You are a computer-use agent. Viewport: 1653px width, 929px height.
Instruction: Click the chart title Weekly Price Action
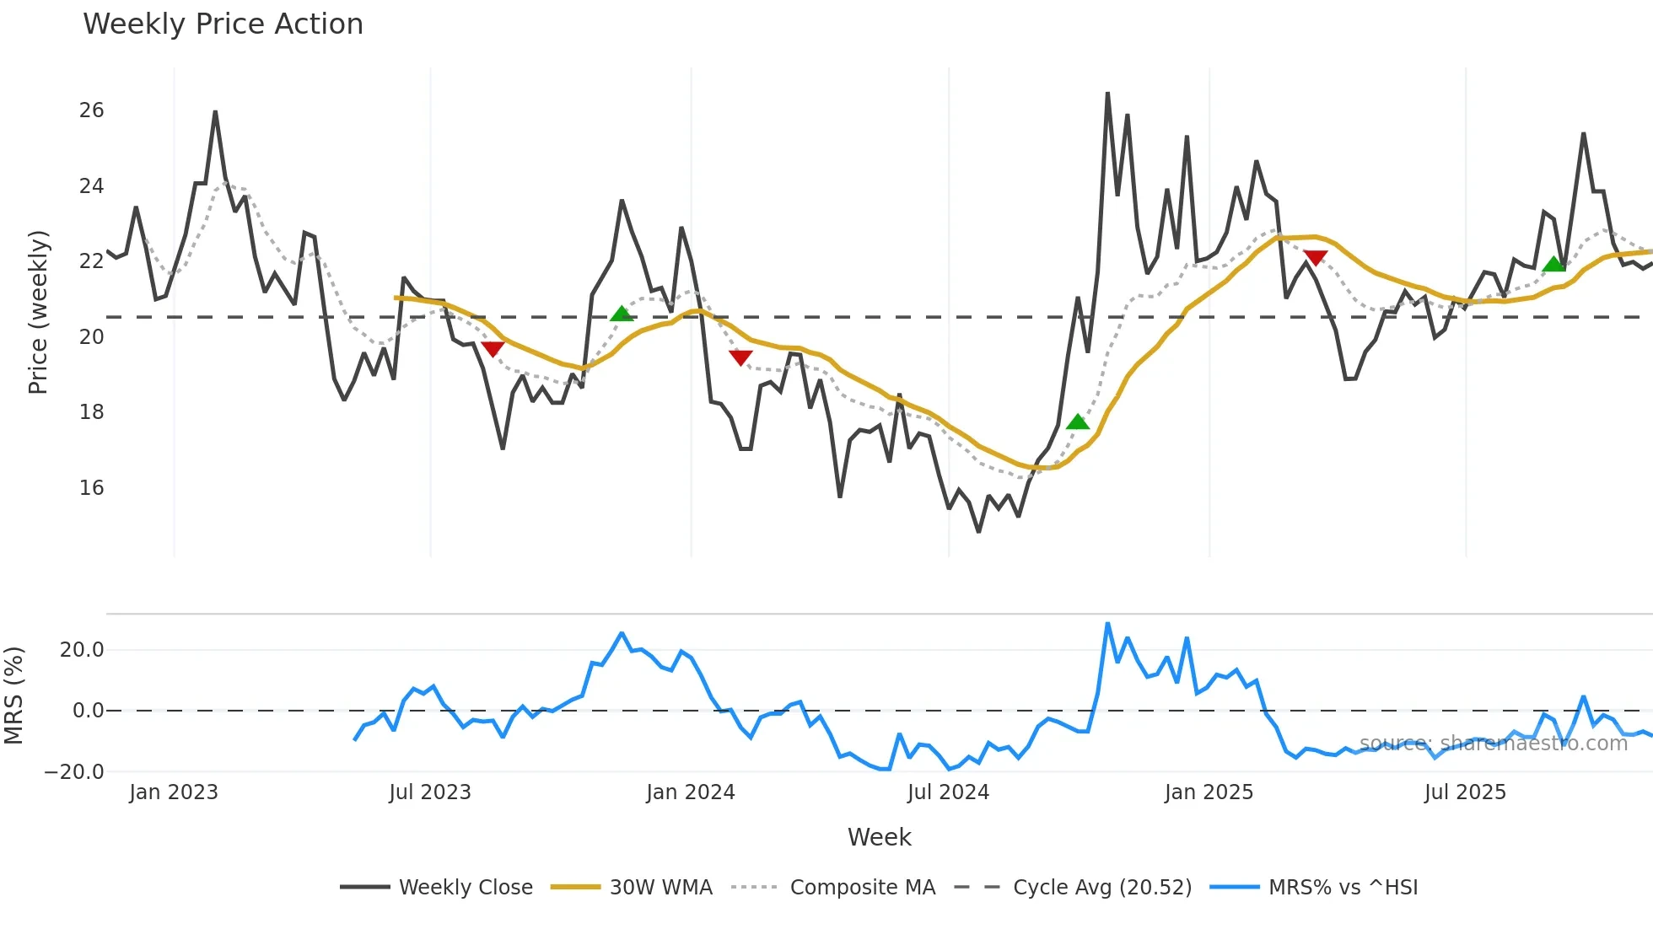(223, 24)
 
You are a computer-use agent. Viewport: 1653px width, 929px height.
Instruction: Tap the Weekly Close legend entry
(466, 888)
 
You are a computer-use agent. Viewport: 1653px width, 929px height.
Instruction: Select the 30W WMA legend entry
(660, 888)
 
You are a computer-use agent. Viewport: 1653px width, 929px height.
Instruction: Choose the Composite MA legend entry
(862, 888)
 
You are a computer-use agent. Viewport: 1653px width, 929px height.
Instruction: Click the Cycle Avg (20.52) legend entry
(1101, 888)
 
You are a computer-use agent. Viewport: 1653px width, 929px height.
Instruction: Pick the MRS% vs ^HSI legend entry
(1343, 888)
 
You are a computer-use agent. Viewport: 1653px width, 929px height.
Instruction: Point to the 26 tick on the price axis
(92, 110)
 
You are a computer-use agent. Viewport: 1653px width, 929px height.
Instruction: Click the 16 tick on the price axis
(92, 488)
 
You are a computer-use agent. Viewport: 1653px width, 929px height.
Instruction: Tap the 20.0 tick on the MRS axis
(82, 650)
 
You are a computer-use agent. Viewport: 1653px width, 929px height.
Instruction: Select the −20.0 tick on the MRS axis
(74, 772)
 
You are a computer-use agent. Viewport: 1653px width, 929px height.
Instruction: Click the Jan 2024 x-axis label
(691, 792)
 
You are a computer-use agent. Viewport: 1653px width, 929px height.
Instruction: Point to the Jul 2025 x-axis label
(1465, 792)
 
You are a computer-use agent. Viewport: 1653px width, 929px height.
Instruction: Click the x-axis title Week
(879, 837)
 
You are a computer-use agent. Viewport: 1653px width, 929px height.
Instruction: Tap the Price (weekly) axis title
(38, 312)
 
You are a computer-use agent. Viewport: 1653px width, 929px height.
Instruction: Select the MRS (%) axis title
(13, 695)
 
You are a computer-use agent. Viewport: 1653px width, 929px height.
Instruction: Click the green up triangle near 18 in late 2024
(1077, 422)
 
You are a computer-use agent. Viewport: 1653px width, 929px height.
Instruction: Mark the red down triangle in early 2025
(1315, 257)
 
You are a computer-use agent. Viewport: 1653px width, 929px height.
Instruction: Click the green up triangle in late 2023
(622, 314)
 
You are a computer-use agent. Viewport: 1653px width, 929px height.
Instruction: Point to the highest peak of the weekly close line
(1107, 94)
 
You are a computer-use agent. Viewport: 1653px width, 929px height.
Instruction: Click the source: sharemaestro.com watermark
(1493, 744)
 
